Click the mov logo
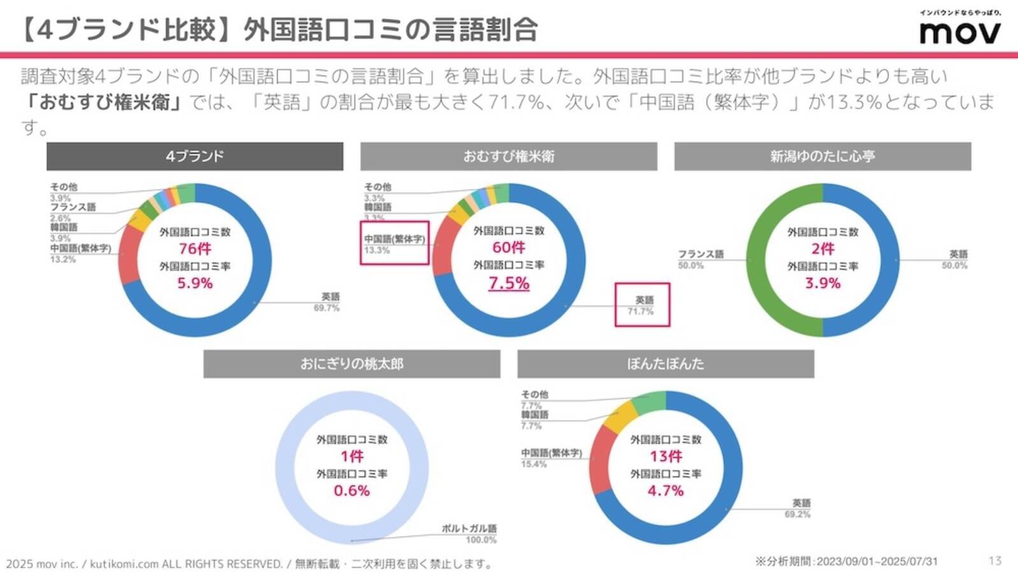pyautogui.click(x=959, y=30)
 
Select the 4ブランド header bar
pyautogui.click(x=195, y=156)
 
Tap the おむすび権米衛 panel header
pyautogui.click(x=508, y=156)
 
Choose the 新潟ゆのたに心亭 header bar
pyautogui.click(x=823, y=156)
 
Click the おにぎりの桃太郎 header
pyautogui.click(x=352, y=364)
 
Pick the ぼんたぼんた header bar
pyautogui.click(x=666, y=364)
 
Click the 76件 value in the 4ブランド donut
pyautogui.click(x=195, y=249)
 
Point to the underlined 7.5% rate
pyautogui.click(x=509, y=283)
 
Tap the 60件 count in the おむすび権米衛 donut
pyautogui.click(x=509, y=247)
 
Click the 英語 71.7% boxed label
pyautogui.click(x=642, y=305)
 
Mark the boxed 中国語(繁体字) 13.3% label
pyautogui.click(x=394, y=244)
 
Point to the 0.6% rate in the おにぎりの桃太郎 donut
pyautogui.click(x=352, y=490)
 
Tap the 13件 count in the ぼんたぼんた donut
pyautogui.click(x=666, y=456)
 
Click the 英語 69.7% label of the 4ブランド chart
pyautogui.click(x=328, y=302)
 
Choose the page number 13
pyautogui.click(x=995, y=560)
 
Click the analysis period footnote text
pyautogui.click(x=846, y=561)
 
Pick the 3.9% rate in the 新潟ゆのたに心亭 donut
pyautogui.click(x=823, y=283)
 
